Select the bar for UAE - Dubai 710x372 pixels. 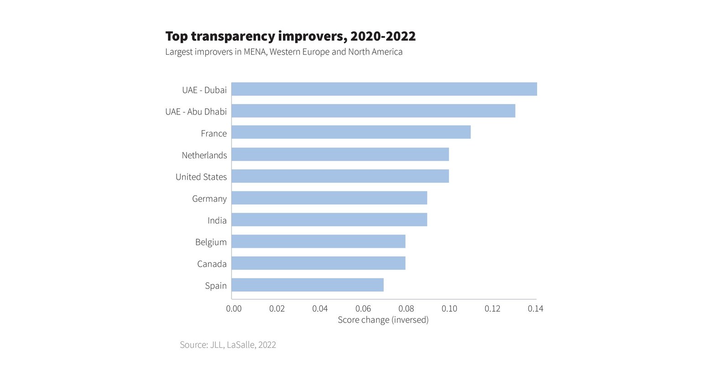384,89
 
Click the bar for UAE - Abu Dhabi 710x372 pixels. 373,111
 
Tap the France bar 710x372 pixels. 351,132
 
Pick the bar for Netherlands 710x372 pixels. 340,154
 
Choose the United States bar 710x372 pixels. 340,176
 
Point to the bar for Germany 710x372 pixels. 329,198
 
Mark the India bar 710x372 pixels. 329,220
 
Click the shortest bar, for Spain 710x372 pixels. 307,285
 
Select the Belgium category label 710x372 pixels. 211,242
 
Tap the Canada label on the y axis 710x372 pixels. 212,264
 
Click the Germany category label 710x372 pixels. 209,199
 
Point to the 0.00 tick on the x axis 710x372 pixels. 234,309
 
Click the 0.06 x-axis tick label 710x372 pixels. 363,309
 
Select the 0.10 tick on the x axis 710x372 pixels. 449,309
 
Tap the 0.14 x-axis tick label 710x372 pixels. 535,309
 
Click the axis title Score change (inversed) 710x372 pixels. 383,320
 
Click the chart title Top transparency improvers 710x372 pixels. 290,36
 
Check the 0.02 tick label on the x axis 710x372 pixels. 277,309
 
